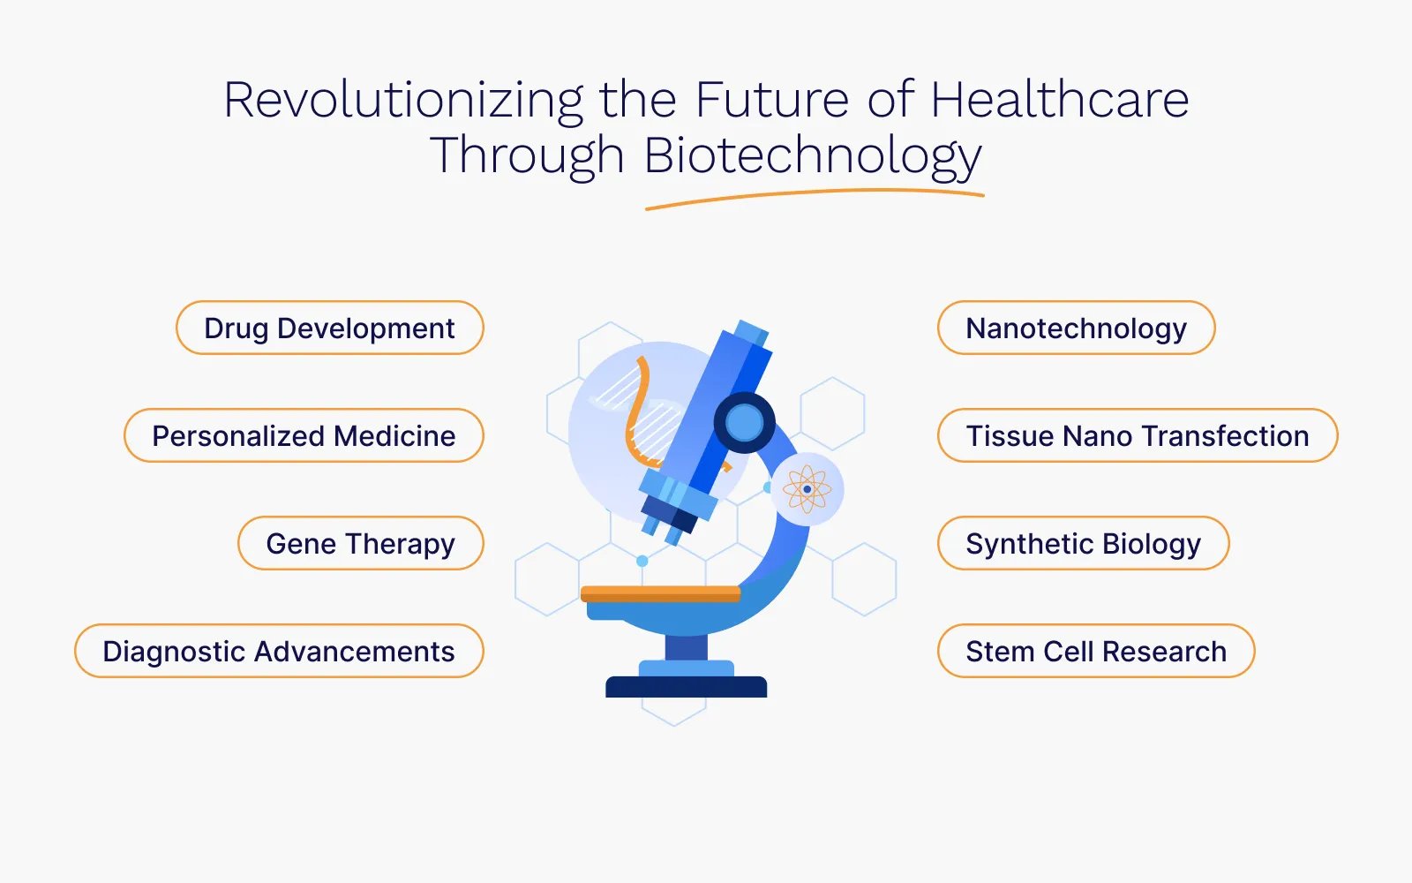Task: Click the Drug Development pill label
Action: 330,328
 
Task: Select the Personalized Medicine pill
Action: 304,436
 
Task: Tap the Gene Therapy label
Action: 361,544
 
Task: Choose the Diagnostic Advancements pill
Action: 279,651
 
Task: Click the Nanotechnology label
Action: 1076,328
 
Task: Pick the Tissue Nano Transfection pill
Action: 1138,436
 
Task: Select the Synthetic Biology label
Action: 1083,544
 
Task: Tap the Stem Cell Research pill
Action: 1096,651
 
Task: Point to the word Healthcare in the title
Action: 1060,99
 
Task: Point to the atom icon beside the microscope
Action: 807,489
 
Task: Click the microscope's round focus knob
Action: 745,422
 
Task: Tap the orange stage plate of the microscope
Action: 660,593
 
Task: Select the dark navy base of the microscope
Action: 687,687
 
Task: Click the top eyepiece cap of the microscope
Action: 752,332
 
